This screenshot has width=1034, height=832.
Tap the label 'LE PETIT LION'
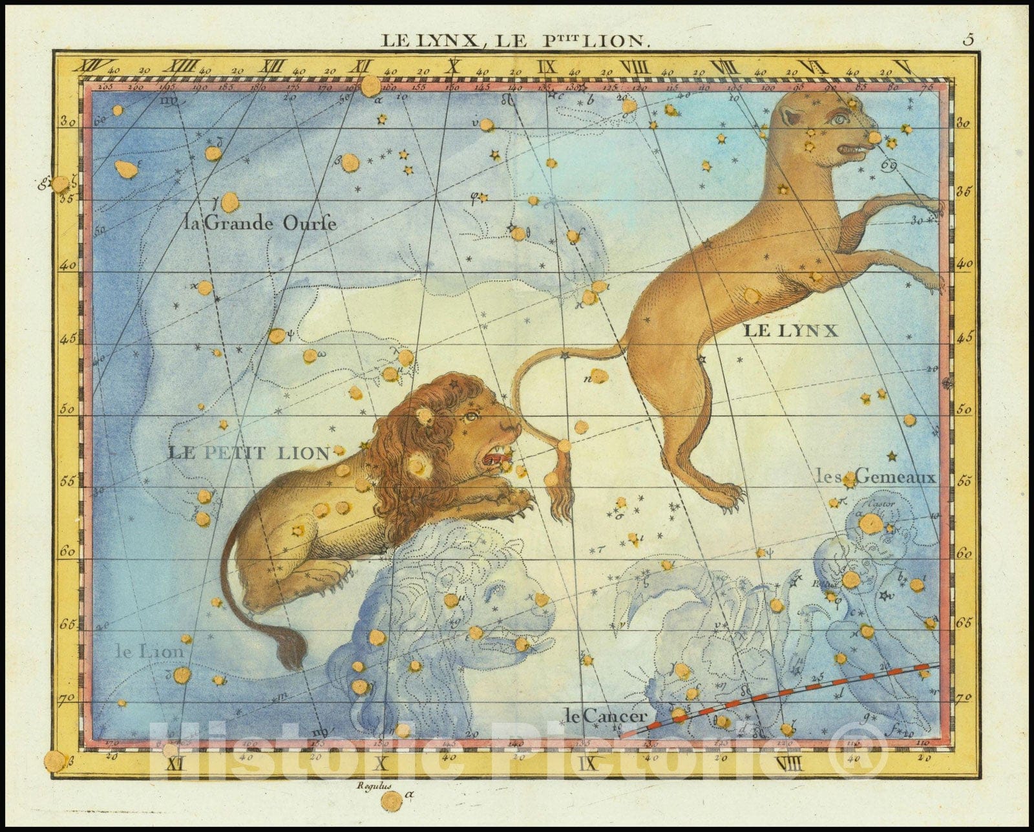249,452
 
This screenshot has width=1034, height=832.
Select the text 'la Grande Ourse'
260,224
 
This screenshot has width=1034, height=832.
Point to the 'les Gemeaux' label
876,478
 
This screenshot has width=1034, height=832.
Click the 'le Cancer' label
605,716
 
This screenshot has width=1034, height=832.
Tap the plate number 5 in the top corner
967,39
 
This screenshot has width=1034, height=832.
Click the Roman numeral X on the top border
454,65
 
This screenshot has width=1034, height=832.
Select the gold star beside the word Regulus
390,802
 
